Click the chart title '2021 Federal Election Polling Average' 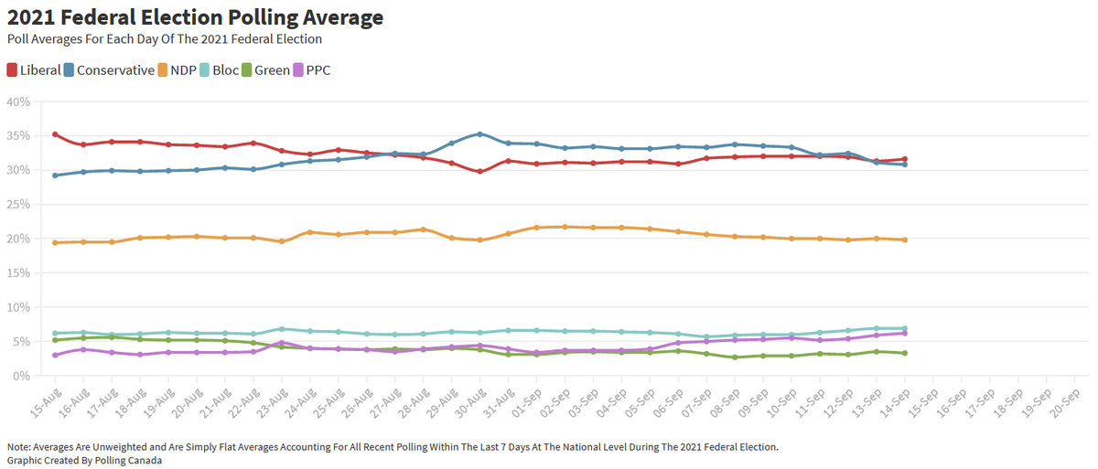[195, 17]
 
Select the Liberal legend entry [34, 69]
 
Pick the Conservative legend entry [109, 69]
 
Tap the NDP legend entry [179, 69]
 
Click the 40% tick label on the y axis [19, 101]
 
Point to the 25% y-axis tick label [19, 204]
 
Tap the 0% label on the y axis [22, 376]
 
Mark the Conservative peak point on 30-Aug [480, 134]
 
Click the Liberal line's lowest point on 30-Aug [480, 171]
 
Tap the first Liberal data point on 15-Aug [55, 134]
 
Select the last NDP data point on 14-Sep [905, 240]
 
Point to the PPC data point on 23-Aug [282, 343]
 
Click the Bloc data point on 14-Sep [905, 328]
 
